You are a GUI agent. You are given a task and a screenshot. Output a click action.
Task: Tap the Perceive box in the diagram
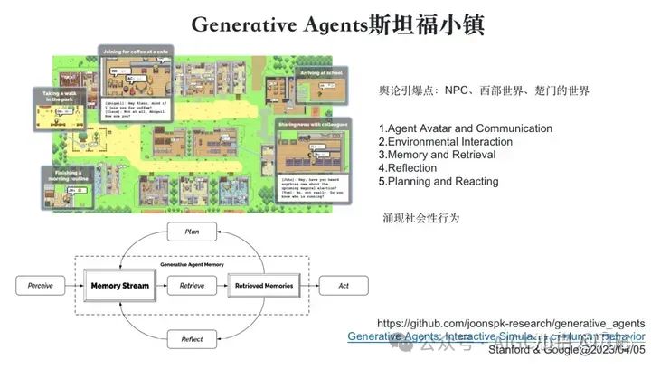[40, 287]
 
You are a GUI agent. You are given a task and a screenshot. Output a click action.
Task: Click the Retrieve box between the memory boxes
[192, 287]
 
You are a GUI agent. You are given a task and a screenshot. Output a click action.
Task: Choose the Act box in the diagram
[343, 287]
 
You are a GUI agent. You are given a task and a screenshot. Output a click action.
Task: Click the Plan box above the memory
[191, 232]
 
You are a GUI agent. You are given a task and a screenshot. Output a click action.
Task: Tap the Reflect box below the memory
[191, 341]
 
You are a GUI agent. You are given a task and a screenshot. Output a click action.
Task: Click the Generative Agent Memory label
[192, 264]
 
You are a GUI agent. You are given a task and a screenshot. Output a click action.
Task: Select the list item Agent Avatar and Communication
[465, 128]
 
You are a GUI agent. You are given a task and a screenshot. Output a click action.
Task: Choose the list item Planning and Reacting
[438, 181]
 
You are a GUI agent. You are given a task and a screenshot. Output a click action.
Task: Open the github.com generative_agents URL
[510, 323]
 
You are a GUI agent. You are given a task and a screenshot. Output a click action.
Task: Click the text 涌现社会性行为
[421, 219]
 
